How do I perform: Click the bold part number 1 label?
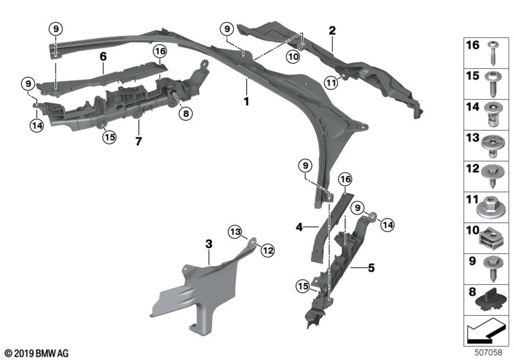click(245, 102)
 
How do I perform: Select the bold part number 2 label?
click(332, 30)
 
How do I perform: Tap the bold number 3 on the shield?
click(208, 245)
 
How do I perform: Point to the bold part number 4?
click(299, 226)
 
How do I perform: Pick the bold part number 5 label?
click(371, 266)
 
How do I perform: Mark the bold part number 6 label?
click(102, 57)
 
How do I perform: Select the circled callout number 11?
click(331, 82)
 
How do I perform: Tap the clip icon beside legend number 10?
click(492, 239)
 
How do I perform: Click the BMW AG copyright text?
click(36, 353)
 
